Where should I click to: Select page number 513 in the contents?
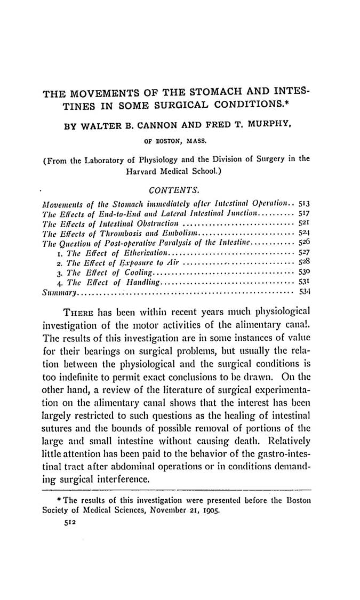[304, 204]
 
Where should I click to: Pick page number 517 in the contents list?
[304, 213]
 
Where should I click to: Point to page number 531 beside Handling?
[304, 282]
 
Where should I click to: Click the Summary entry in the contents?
[60, 292]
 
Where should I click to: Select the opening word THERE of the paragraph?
[80, 311]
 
